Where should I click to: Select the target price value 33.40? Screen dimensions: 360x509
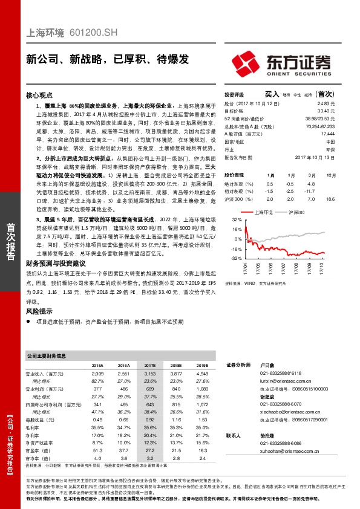click(326, 111)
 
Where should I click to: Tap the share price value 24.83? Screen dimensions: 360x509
click(326, 103)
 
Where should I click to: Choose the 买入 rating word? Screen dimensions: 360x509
click(272, 94)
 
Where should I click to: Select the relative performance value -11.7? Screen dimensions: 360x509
click(310, 190)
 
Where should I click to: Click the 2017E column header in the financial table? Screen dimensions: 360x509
click(149, 366)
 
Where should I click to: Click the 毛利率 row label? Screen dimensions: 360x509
click(36, 426)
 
